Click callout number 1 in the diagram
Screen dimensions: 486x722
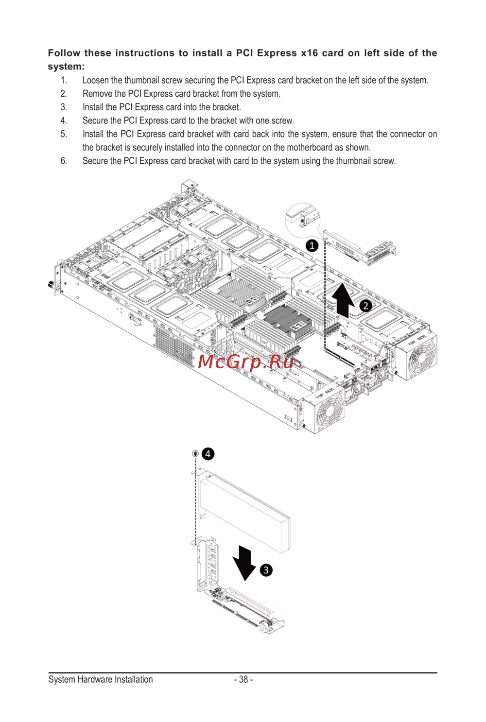312,246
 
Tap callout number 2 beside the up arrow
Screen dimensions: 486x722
365,306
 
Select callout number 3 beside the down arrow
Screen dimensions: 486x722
266,570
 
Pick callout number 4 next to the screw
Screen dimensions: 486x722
208,454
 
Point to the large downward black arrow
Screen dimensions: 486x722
244,563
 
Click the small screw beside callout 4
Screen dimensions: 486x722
195,454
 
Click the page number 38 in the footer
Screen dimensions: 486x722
243,679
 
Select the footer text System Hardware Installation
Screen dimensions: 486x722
101,679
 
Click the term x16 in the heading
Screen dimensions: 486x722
309,53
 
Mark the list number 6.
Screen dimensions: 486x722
64,161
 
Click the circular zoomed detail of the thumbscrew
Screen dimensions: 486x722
302,221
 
